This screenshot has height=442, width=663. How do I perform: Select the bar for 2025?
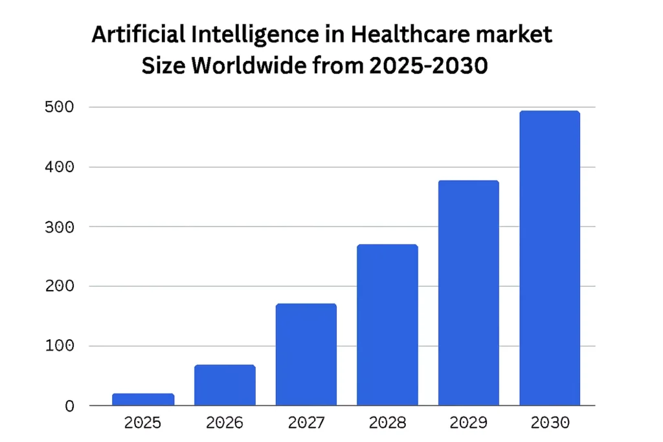click(x=143, y=399)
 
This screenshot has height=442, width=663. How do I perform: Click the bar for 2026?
click(x=225, y=386)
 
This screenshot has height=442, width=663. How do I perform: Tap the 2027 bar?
click(x=306, y=355)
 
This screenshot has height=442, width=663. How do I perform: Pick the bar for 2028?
click(x=387, y=325)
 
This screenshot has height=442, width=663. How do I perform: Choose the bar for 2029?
click(x=469, y=293)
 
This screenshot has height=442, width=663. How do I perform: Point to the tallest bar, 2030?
click(x=550, y=258)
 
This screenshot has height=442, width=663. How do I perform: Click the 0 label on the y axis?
click(x=69, y=406)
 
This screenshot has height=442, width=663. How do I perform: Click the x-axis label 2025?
click(x=143, y=423)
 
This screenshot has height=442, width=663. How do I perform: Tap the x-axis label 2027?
click(x=306, y=423)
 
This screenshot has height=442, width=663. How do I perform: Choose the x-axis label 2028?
click(x=387, y=423)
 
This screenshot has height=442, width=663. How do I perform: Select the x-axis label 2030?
click(x=550, y=423)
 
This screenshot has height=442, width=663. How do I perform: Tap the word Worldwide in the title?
click(x=239, y=65)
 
